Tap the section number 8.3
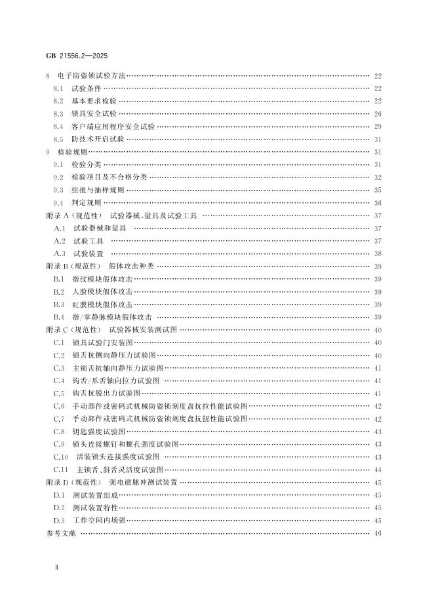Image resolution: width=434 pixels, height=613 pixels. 58,113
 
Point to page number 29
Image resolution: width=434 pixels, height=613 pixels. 378,126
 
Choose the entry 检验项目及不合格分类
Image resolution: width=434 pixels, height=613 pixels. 109,177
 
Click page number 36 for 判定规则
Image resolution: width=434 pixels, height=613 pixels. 378,202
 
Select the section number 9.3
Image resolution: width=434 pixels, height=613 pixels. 58,190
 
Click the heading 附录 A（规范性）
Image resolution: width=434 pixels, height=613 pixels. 72,215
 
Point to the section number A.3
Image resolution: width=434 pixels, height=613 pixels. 60,253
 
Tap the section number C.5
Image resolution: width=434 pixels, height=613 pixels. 59,393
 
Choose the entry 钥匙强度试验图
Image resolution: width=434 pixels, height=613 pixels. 99,431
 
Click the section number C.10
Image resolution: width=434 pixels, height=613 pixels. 61,456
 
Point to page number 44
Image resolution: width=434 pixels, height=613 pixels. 378,469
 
